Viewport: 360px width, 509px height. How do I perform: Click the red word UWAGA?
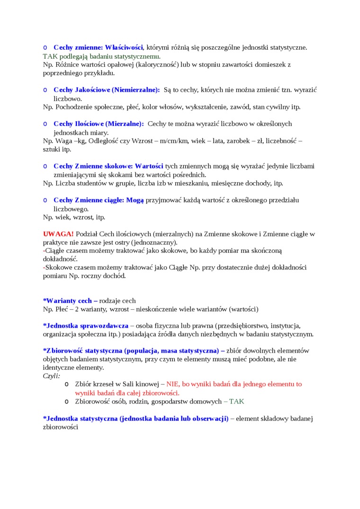click(58, 234)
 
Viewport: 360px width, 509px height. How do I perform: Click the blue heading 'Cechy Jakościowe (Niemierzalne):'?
click(107, 89)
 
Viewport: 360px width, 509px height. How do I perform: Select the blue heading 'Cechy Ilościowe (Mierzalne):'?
click(99, 124)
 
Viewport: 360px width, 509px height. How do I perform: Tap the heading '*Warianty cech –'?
click(70, 301)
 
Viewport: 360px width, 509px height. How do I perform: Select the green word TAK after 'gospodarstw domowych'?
click(236, 402)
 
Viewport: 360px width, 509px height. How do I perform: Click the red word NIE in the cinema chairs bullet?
click(173, 384)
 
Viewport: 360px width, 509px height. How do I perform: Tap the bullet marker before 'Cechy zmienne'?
click(45, 47)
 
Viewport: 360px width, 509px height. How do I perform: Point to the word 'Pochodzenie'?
click(75, 107)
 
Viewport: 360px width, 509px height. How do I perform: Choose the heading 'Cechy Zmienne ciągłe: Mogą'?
click(99, 200)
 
